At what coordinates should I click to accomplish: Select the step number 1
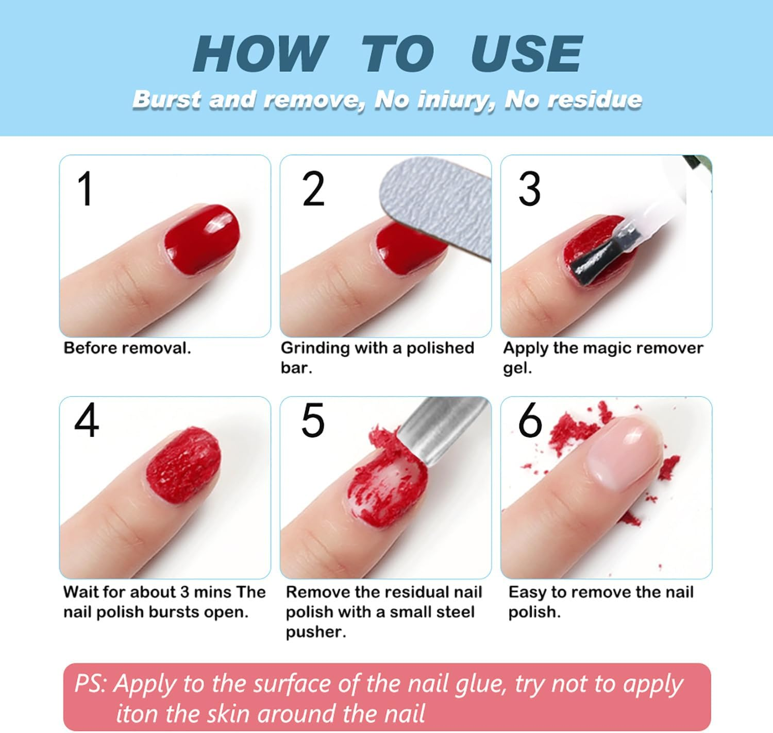[86, 189]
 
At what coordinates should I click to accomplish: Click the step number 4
[86, 421]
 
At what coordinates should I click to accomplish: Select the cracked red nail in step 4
[184, 466]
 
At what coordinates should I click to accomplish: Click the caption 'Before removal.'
[127, 348]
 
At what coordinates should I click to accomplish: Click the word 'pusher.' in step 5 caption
[315, 632]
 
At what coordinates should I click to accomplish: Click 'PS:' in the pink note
[91, 684]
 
